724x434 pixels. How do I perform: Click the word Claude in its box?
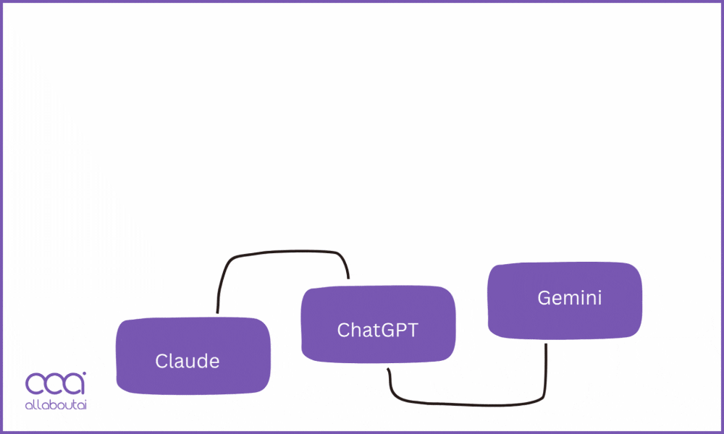coord(187,361)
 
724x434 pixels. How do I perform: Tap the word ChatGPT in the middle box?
coord(378,331)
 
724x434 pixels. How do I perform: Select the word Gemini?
coord(569,298)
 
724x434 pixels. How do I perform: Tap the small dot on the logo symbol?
coord(83,374)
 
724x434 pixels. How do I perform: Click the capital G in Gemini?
coord(544,298)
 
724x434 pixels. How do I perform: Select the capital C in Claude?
coord(161,361)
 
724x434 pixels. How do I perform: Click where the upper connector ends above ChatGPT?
coord(348,278)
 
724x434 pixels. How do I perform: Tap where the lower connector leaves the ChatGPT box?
coord(389,370)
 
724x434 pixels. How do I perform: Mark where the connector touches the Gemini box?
coord(545,345)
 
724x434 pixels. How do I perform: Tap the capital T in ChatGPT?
coord(413,331)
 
